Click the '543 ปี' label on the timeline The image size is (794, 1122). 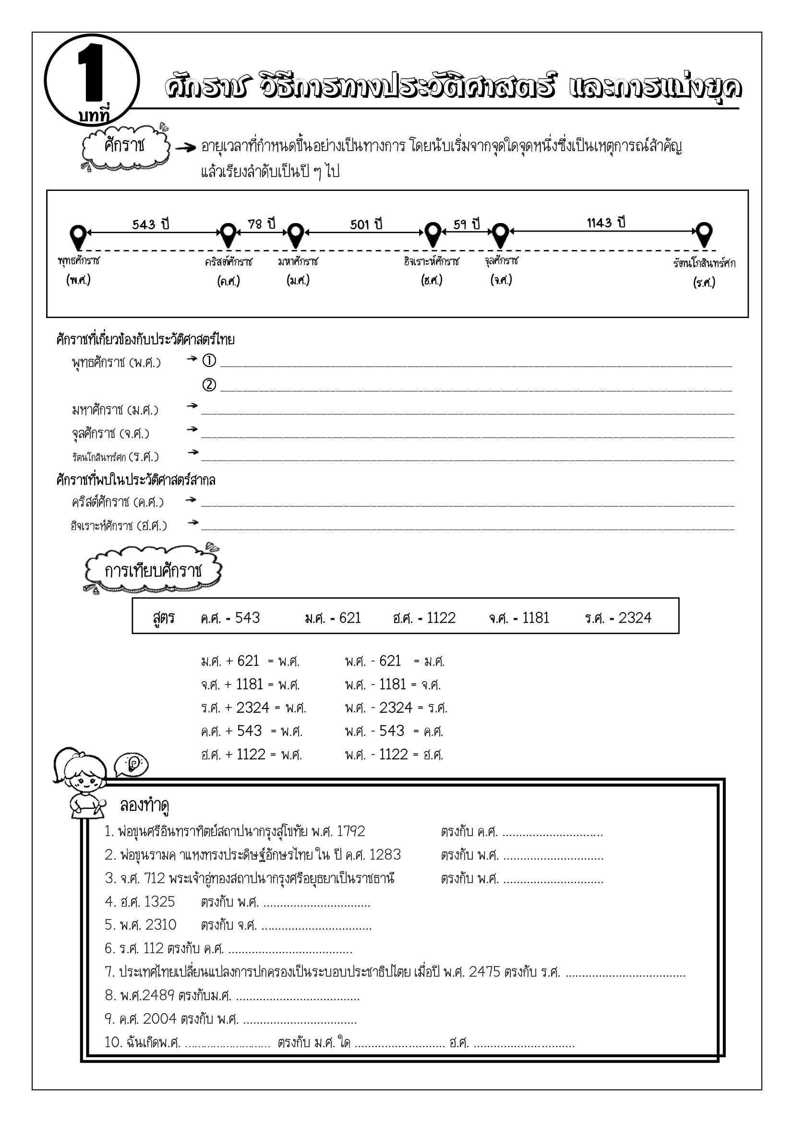(x=151, y=224)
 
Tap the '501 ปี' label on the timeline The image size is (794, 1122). (x=366, y=224)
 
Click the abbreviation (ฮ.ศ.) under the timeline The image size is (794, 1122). (x=431, y=281)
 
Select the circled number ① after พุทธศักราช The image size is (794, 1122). (x=209, y=361)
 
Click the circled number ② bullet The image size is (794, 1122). (x=209, y=385)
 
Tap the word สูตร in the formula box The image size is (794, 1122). (x=164, y=618)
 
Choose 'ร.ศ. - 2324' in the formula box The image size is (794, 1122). (x=618, y=618)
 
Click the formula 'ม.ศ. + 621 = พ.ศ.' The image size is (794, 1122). (x=250, y=661)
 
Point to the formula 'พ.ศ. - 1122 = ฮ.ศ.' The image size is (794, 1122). (x=394, y=755)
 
